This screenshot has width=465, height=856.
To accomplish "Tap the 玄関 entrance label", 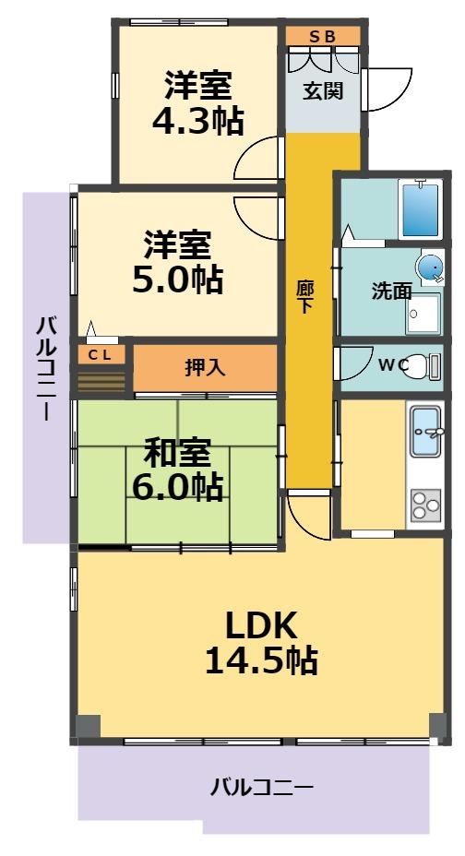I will coord(323,90).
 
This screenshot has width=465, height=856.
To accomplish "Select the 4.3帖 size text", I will coord(197,120).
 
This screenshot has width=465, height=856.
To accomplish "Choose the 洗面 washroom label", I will coord(391,291).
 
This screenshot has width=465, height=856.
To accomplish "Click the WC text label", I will coord(392,365).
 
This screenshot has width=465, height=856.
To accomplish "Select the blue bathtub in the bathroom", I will coord(420,209).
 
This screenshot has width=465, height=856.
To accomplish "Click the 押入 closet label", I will coord(205,367).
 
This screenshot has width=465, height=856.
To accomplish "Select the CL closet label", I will coord(101,354).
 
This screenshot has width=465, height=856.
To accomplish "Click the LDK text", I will coord(261,626).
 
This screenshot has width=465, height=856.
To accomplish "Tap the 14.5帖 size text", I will coord(261,660).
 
